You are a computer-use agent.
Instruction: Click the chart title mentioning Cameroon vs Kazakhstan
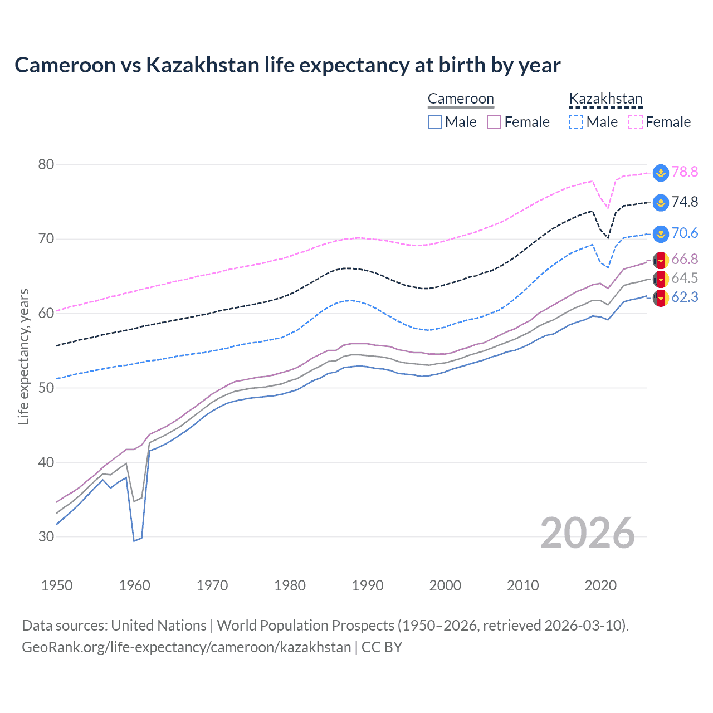point(287,65)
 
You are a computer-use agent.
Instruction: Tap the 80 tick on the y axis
point(46,164)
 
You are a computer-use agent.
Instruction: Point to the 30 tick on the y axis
point(46,536)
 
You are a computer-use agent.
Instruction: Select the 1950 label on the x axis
point(57,585)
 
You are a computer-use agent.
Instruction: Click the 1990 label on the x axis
point(368,585)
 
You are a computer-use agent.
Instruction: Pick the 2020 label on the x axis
point(600,585)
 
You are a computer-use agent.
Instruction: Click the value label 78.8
point(685,172)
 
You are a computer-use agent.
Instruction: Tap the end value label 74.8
point(685,202)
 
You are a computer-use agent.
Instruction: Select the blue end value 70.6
point(685,233)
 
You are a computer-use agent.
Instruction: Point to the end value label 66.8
point(685,259)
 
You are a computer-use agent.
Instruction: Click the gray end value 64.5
point(685,278)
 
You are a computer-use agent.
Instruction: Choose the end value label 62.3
point(685,297)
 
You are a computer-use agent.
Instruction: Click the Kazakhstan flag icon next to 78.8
point(661,173)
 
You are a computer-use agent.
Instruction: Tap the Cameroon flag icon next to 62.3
point(661,298)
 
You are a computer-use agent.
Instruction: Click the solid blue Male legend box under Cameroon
point(435,122)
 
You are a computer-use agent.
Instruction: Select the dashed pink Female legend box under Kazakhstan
point(636,122)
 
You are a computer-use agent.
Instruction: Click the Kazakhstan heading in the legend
point(605,99)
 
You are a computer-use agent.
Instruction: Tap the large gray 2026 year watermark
point(588,533)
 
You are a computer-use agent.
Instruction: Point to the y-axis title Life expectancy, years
point(24,356)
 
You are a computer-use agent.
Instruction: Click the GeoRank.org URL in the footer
point(187,647)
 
